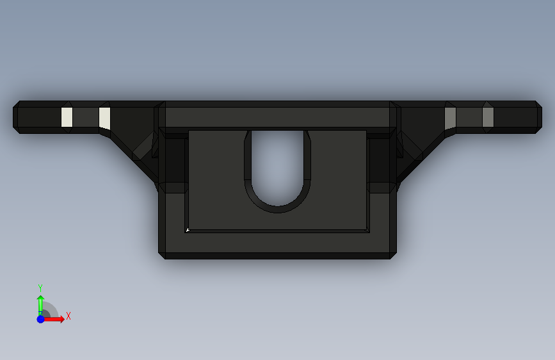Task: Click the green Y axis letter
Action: pyautogui.click(x=40, y=288)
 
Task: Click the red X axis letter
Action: pyautogui.click(x=68, y=316)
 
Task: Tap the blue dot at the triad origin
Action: pyautogui.click(x=40, y=319)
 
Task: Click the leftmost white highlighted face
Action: pyautogui.click(x=67, y=117)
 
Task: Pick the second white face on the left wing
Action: pyautogui.click(x=104, y=118)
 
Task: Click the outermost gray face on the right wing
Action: pyautogui.click(x=488, y=117)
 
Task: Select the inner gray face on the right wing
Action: pyautogui.click(x=450, y=118)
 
